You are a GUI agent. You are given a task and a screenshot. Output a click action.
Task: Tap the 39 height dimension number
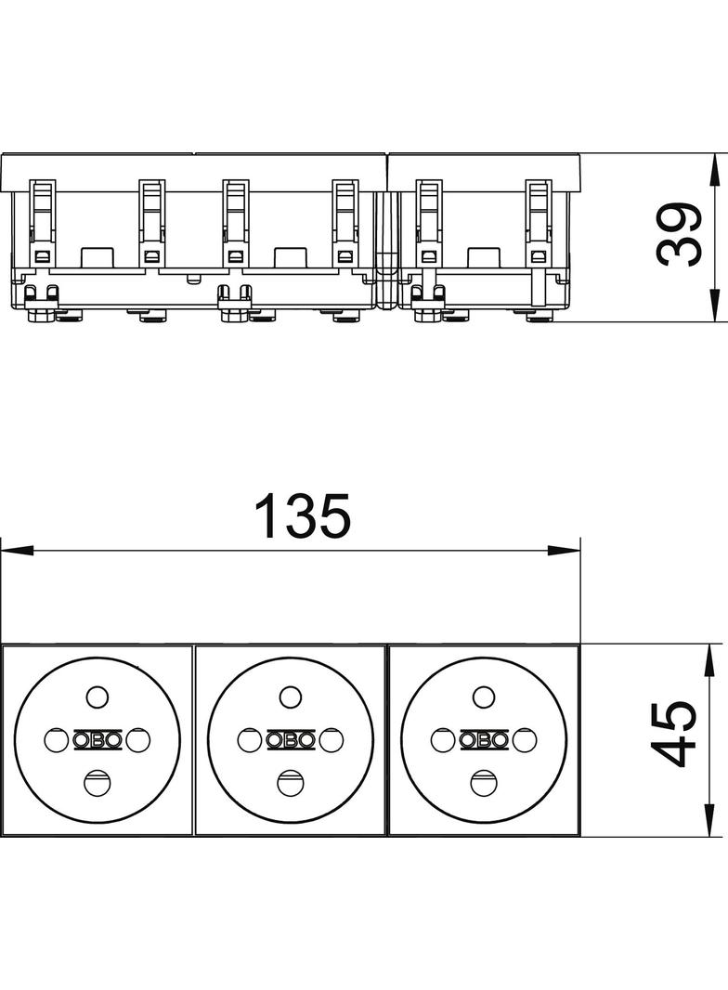pyautogui.click(x=679, y=234)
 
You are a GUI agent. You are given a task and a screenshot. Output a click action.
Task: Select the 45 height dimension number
pyautogui.click(x=674, y=735)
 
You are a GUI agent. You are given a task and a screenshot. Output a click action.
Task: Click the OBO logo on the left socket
pyautogui.click(x=97, y=739)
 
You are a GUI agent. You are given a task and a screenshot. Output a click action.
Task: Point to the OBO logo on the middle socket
pyautogui.click(x=291, y=739)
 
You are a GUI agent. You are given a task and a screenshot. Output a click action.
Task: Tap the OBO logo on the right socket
pyautogui.click(x=485, y=739)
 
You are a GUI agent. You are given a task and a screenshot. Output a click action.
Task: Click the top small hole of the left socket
pyautogui.click(x=97, y=697)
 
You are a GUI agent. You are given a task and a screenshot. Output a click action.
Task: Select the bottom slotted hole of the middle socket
pyautogui.click(x=291, y=783)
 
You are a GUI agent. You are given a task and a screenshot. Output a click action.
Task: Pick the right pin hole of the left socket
pyautogui.click(x=138, y=739)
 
